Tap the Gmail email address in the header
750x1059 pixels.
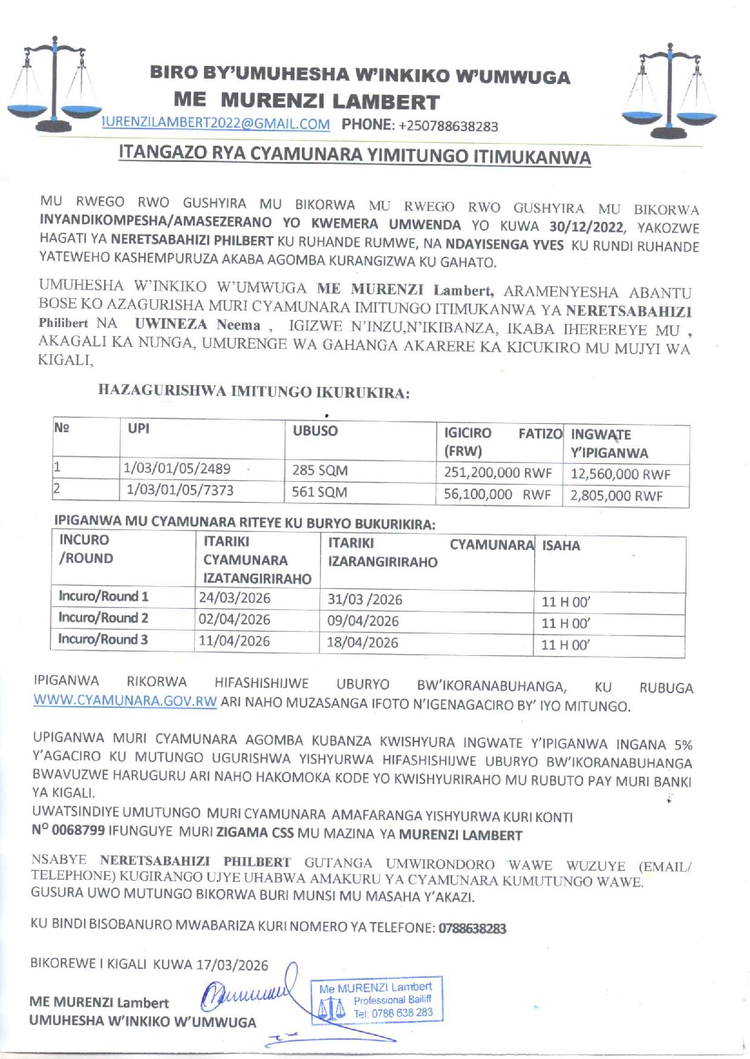coord(216,125)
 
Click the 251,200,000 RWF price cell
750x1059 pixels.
coord(498,473)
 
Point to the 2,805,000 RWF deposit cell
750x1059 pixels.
coord(616,496)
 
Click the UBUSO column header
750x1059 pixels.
coord(315,431)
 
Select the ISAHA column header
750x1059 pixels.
coord(561,546)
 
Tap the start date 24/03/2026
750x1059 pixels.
coord(235,598)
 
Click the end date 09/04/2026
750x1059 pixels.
coord(363,621)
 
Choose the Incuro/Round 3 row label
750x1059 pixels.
coord(103,639)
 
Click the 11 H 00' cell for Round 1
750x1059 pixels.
coord(566,602)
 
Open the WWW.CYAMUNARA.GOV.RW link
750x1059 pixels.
coord(125,702)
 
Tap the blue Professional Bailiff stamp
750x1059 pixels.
coord(376,1000)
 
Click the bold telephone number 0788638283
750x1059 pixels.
coord(471,928)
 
